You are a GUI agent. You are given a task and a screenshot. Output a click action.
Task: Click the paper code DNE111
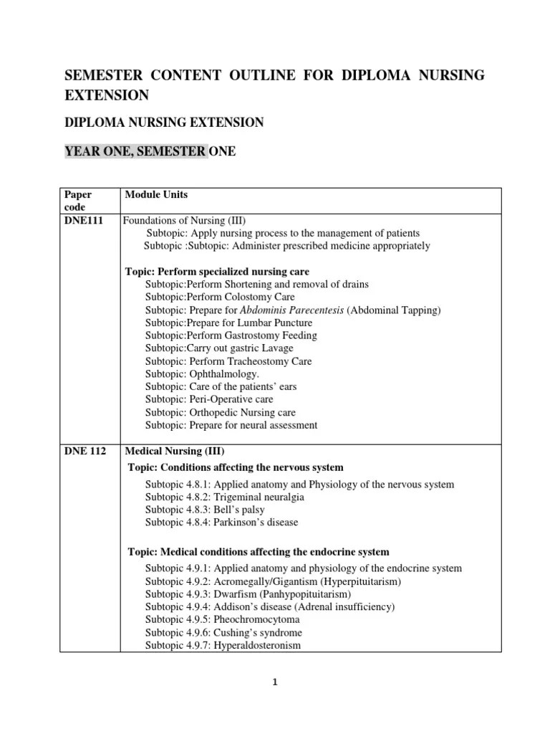83,221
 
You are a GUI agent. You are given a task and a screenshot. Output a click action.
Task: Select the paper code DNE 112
85,451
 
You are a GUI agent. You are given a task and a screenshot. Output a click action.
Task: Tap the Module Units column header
156,195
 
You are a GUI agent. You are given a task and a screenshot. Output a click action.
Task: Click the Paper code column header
79,201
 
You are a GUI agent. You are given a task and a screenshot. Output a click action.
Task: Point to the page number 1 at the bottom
275,682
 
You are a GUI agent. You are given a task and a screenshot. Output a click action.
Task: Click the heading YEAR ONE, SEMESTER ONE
150,151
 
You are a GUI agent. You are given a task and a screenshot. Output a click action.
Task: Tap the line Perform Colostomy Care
220,297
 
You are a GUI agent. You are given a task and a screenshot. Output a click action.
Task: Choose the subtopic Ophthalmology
203,374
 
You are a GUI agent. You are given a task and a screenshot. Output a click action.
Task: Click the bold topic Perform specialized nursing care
217,272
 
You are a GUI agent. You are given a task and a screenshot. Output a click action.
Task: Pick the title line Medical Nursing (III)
175,451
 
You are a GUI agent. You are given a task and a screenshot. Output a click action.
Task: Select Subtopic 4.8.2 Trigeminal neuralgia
224,497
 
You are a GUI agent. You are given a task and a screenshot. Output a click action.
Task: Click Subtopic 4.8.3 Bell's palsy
206,510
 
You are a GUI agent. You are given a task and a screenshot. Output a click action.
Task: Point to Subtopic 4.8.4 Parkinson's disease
221,523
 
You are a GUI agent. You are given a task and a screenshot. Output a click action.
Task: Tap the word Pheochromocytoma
254,619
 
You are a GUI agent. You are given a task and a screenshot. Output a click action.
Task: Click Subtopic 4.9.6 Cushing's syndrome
223,633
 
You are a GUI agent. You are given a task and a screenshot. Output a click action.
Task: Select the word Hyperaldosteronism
254,645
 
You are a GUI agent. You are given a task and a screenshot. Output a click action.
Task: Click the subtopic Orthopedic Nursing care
220,413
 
